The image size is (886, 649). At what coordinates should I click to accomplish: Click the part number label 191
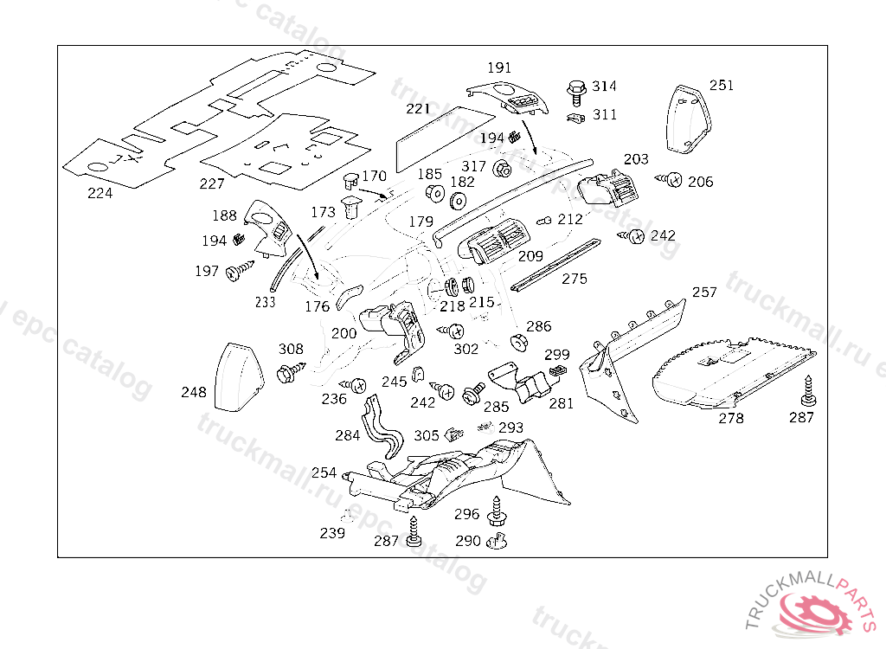[x=499, y=67]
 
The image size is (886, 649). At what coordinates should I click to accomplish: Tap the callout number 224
[x=100, y=193]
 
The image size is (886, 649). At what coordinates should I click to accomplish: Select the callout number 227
[x=211, y=183]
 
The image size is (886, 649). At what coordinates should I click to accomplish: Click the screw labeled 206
[x=671, y=180]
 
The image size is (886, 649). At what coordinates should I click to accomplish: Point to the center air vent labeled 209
[x=496, y=241]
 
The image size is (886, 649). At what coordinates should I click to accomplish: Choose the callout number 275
[x=574, y=279]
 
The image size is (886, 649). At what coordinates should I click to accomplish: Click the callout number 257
[x=704, y=292]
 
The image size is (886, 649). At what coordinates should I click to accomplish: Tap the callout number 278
[x=731, y=418]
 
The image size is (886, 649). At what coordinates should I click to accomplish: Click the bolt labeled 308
[x=289, y=373]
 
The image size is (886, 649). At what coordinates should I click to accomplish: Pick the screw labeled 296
[x=497, y=511]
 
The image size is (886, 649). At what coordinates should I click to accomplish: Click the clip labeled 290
[x=496, y=543]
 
